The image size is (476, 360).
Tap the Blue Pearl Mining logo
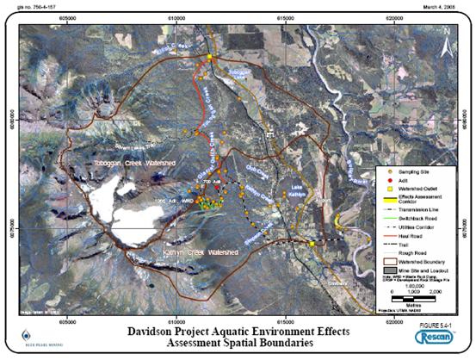(x=35, y=338)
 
